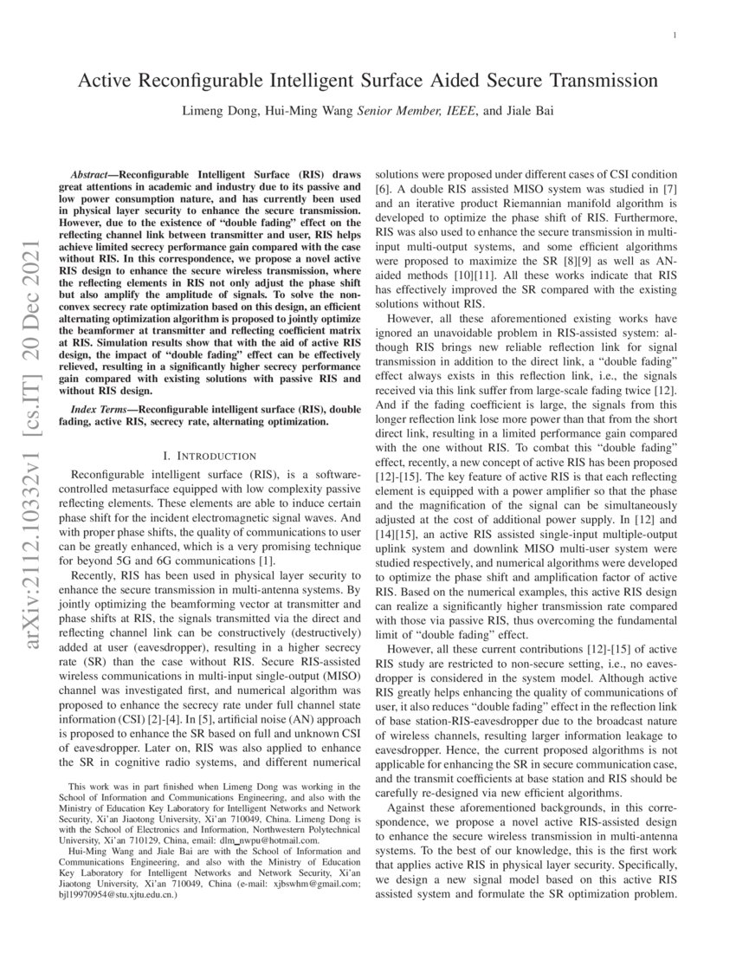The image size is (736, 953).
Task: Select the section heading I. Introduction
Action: (x=210, y=456)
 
